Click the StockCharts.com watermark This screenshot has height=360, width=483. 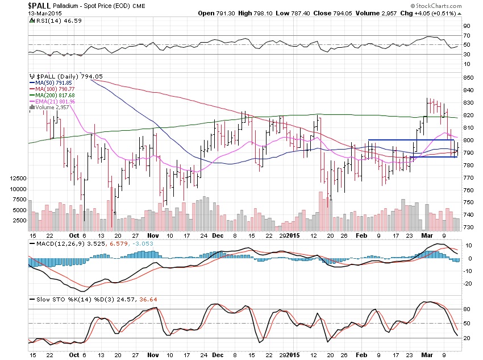tap(452, 6)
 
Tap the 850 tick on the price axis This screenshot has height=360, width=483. tap(468, 77)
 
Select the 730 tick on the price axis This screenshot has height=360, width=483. tap(468, 227)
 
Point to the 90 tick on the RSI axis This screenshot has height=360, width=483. tap(467, 26)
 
